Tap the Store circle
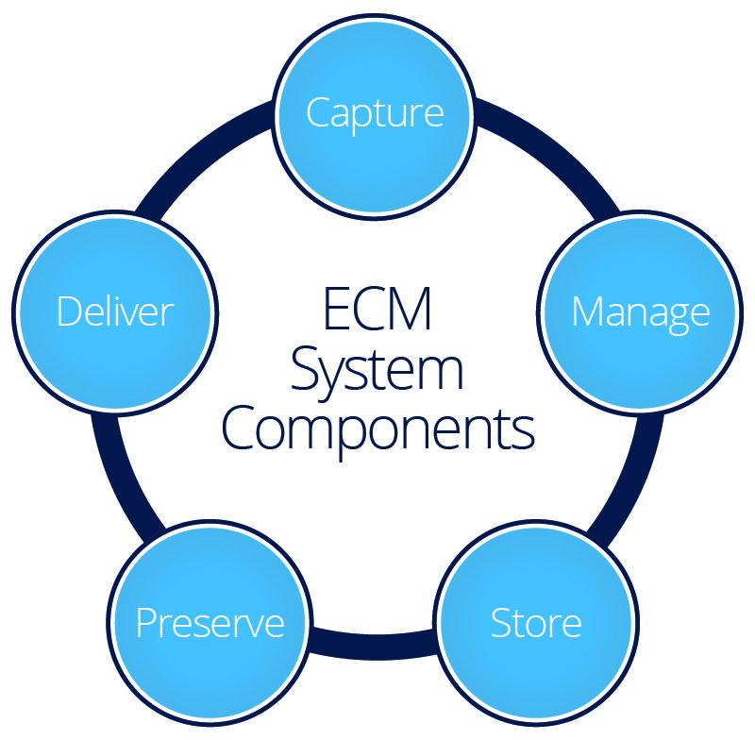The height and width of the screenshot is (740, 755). point(536,623)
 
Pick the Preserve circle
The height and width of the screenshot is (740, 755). point(210,623)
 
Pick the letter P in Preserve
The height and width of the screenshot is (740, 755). point(145,623)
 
